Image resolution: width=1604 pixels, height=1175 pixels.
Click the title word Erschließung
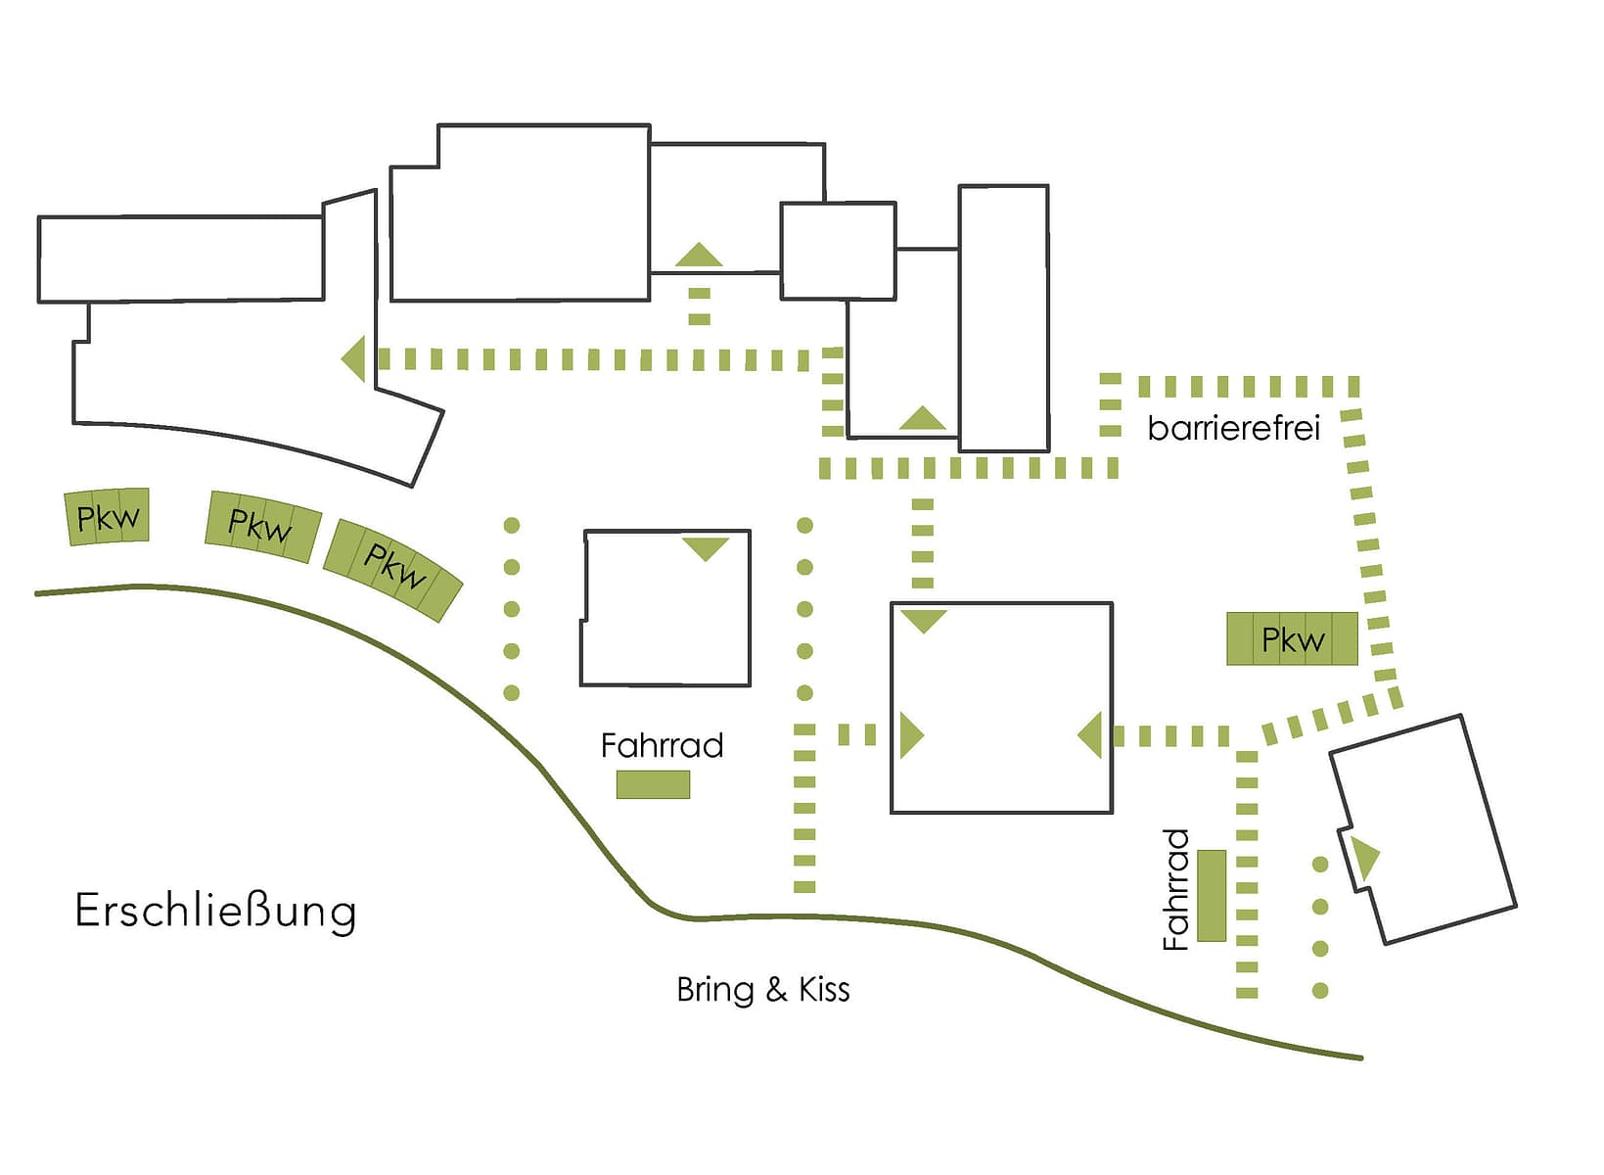[x=215, y=912]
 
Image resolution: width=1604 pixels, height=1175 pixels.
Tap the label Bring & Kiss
[x=762, y=990]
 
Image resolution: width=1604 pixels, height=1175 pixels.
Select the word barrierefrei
[x=1233, y=429]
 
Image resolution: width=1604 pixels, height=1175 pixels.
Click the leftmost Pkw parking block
[x=108, y=517]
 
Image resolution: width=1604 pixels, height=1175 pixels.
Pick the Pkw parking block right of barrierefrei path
[x=1292, y=639]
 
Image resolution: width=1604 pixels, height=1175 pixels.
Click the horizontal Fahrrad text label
[x=662, y=746]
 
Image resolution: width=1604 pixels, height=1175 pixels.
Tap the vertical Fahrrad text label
[x=1175, y=889]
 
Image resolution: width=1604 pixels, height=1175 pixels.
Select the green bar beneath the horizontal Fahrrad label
[x=653, y=784]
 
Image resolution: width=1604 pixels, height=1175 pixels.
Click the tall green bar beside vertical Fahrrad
[x=1212, y=896]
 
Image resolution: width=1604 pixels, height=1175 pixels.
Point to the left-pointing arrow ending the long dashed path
[x=355, y=358]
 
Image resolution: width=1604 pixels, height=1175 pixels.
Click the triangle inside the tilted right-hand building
[x=1364, y=858]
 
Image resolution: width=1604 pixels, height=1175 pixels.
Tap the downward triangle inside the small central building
[x=706, y=547]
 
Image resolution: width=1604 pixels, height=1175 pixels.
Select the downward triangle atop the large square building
[x=923, y=620]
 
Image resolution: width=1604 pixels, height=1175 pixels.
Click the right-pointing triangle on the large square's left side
[x=910, y=735]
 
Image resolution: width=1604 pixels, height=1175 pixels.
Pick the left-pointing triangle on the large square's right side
[x=1091, y=735]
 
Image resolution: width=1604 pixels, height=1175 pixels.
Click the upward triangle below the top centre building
[x=699, y=256]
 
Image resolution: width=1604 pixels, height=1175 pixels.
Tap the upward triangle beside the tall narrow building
[x=922, y=419]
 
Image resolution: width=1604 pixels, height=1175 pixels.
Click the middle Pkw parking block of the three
[x=261, y=527]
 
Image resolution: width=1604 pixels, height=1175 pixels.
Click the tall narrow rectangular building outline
[x=1003, y=318]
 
